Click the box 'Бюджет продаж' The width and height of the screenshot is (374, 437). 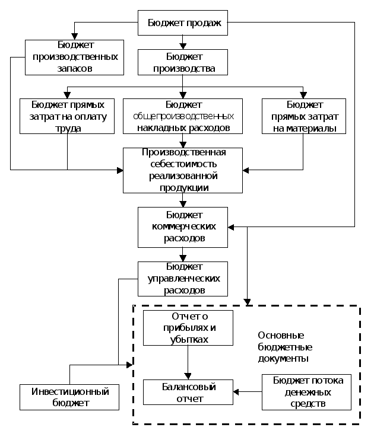tap(183, 24)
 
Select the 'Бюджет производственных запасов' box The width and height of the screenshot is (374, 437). tap(74, 57)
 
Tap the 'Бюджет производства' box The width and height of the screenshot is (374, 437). tap(183, 62)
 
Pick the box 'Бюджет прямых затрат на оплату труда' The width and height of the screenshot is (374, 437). tap(66, 116)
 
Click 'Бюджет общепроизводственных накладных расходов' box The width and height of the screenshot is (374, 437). tap(183, 116)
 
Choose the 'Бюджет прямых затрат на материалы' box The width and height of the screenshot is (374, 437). tap(304, 116)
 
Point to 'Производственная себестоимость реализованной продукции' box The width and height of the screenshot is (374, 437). tap(183, 170)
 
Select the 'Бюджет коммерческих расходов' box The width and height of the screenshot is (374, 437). tap(183, 227)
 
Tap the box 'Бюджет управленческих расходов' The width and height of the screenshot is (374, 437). tap(183, 279)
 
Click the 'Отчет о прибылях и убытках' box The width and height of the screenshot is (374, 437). tap(188, 327)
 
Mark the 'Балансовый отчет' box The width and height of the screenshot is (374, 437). tap(188, 393)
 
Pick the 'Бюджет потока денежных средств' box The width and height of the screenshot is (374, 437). tap(307, 393)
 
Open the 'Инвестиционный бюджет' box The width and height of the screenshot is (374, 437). tap(69, 397)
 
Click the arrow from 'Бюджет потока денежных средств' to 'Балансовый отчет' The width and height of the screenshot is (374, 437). tap(248, 392)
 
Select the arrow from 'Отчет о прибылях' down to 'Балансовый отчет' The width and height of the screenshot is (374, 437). tap(188, 362)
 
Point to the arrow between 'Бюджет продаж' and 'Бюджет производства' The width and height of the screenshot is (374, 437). tap(183, 42)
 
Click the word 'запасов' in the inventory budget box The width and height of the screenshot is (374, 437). tap(74, 68)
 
